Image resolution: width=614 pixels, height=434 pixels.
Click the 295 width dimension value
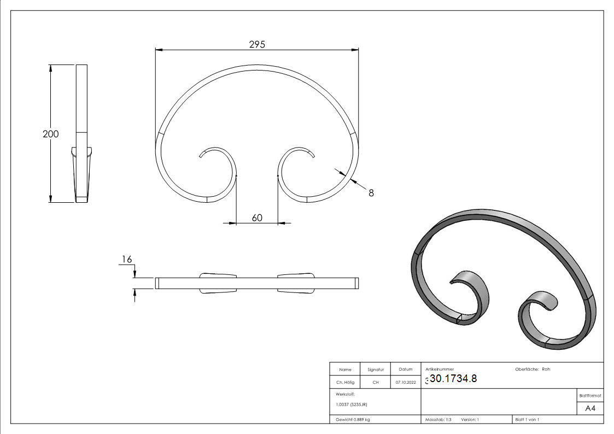point(257,44)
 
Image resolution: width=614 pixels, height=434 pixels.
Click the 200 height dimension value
point(51,134)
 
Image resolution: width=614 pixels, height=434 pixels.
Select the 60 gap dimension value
point(257,218)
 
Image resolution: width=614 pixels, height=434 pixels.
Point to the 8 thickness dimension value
point(371,192)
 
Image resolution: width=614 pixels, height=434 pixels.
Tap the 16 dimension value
point(126,260)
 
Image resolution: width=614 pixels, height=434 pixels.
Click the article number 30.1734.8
point(453,378)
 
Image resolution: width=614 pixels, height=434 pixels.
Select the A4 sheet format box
point(590,408)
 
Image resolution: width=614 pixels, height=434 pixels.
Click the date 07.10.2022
point(406,382)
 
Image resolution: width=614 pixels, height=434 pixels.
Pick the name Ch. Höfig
point(345,382)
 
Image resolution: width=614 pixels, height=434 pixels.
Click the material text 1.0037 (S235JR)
point(352,404)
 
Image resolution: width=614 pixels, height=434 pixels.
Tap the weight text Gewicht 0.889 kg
point(353,419)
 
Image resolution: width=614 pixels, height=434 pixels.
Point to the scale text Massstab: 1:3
point(438,419)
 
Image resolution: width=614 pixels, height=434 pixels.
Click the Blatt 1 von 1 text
point(527,419)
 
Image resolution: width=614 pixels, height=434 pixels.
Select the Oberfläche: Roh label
point(533,369)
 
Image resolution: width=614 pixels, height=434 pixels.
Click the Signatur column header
point(376,370)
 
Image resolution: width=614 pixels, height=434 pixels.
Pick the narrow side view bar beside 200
point(81,98)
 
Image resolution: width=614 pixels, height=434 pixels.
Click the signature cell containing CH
point(376,382)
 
